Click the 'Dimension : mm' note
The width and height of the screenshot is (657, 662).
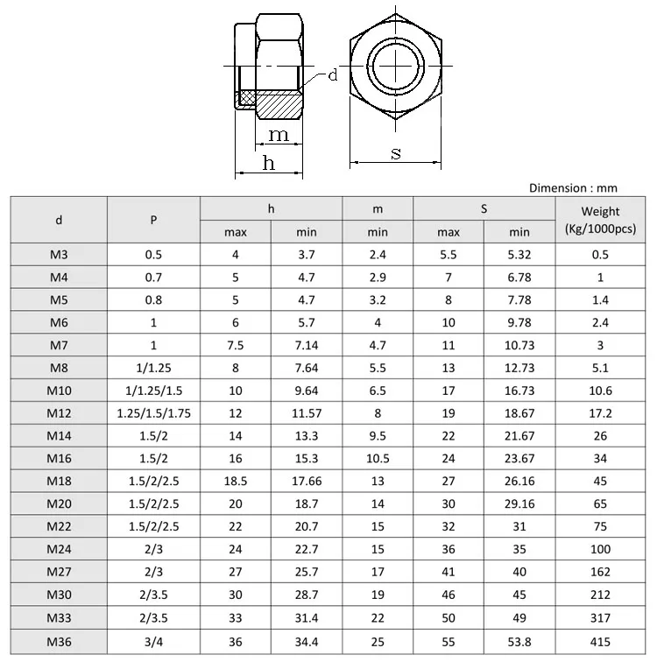coord(574,187)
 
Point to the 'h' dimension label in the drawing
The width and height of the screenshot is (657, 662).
coord(269,163)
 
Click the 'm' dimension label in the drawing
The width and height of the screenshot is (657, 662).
coord(279,135)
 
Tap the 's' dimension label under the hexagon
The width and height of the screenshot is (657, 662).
coord(396,153)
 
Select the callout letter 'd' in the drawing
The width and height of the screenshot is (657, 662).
coord(333,75)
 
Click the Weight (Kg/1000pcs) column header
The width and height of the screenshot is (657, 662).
coord(600,220)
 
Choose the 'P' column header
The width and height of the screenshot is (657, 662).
coord(153,221)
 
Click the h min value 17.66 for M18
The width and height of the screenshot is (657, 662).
coord(306,481)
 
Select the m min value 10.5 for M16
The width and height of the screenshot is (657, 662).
coord(377,458)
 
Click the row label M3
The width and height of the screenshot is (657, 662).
coord(59,255)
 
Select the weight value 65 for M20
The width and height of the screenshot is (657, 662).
coord(600,504)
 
